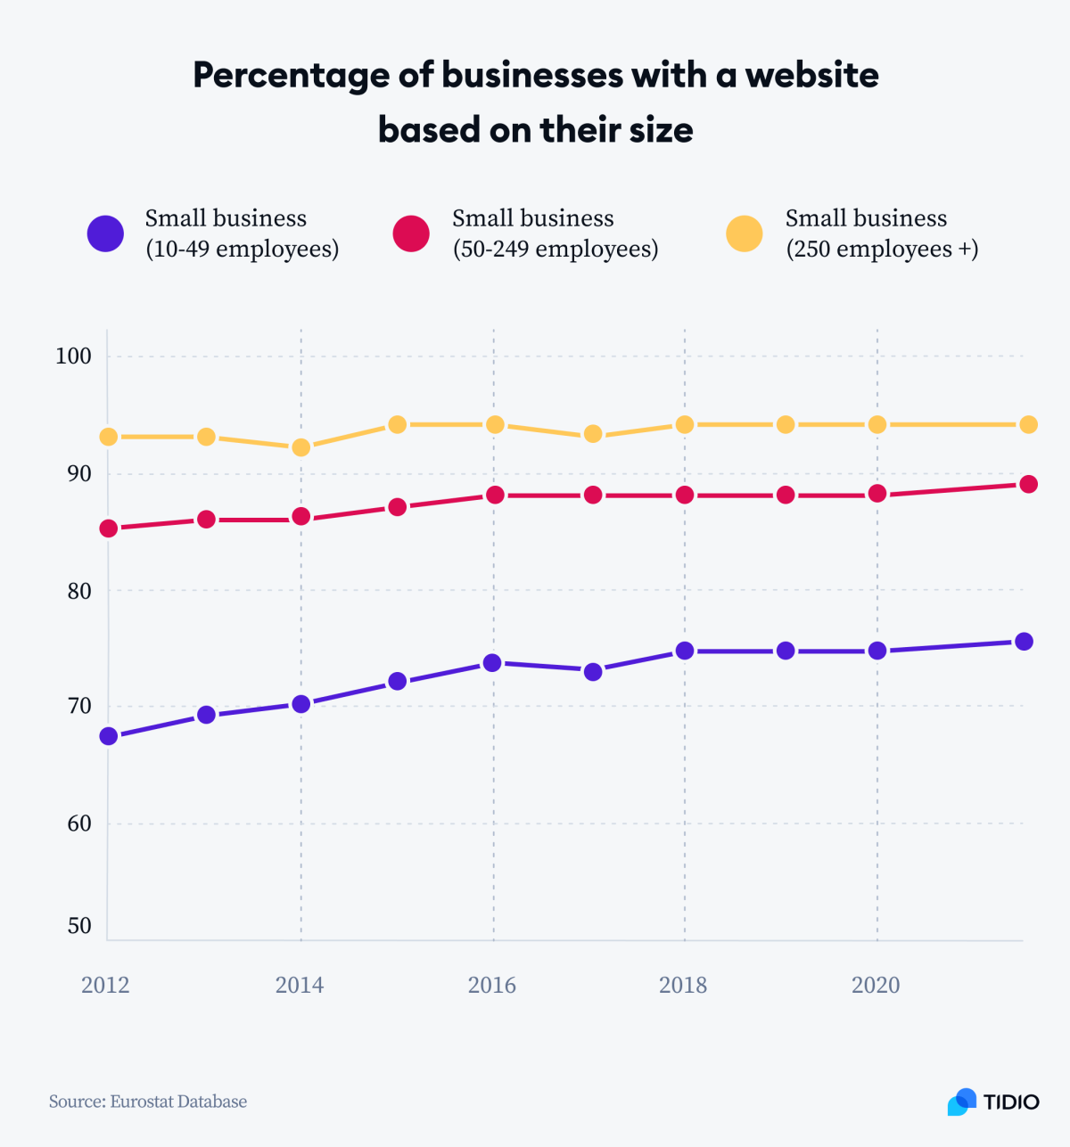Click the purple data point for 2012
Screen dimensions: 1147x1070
tap(109, 735)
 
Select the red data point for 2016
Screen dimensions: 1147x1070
tap(494, 495)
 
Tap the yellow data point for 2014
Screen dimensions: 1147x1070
tap(301, 447)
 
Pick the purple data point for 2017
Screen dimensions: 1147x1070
tap(593, 671)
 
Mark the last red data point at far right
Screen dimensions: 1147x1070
tap(1027, 484)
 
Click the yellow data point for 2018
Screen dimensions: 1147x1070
tap(685, 424)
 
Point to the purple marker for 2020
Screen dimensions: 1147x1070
tap(877, 651)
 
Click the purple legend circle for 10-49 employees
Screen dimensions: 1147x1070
tap(105, 233)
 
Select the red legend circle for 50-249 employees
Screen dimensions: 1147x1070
tap(411, 233)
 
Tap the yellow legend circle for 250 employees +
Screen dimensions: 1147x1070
tap(744, 233)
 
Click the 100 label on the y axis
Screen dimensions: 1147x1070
tap(73, 356)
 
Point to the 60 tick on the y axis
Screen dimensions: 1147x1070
tap(79, 823)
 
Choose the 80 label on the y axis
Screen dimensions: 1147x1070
tap(79, 591)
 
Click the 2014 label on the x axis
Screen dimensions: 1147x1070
tap(300, 985)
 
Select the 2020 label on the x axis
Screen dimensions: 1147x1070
tap(876, 985)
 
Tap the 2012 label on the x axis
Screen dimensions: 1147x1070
tap(105, 985)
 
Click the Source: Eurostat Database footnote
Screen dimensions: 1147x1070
tap(148, 1102)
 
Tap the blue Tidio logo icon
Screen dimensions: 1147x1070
tap(961, 1102)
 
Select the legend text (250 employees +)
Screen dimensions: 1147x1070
tap(882, 249)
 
